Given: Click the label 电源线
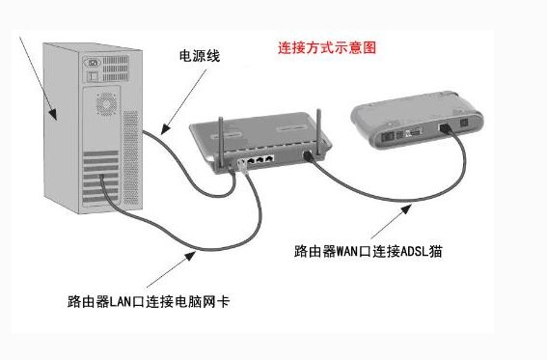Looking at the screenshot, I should (x=201, y=57).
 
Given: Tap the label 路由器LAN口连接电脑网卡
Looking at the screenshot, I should (x=149, y=302).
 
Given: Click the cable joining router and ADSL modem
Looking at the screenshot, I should (x=386, y=194).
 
